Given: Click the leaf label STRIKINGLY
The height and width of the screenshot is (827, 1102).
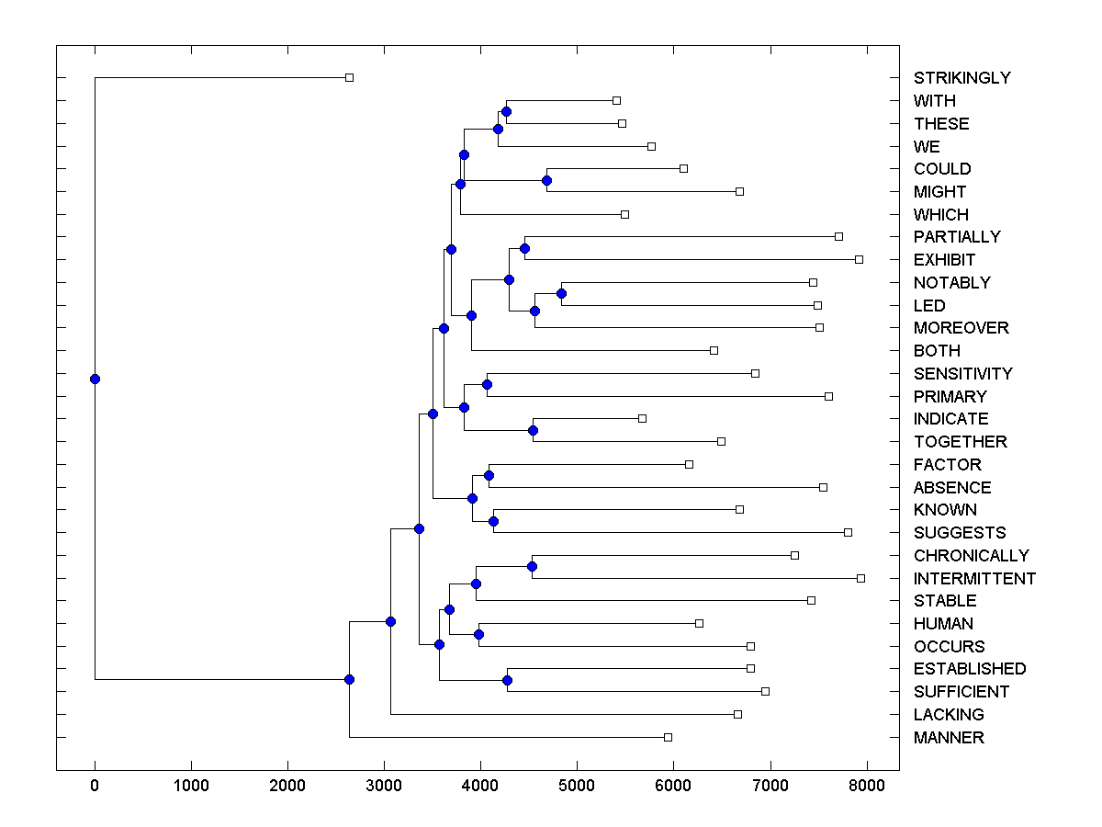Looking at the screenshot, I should (961, 78).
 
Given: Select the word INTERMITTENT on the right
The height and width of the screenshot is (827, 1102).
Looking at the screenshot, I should (974, 579).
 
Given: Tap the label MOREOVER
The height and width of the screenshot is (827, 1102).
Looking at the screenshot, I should (961, 328).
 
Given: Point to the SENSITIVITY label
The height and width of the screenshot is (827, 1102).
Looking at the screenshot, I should (962, 374).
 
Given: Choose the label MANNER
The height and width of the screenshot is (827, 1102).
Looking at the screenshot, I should (949, 738).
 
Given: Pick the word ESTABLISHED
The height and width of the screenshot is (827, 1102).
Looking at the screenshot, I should (969, 669).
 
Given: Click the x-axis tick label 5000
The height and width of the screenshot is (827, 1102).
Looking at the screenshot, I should (577, 785).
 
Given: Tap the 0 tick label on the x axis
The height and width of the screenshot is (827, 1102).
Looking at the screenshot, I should (95, 785).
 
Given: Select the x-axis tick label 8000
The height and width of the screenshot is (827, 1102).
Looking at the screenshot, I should (866, 785).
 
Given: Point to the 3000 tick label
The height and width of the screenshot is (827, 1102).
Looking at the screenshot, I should (384, 785).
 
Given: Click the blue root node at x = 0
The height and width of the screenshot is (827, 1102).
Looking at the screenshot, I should (95, 379).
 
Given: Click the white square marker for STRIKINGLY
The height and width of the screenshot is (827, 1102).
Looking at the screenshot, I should (349, 77).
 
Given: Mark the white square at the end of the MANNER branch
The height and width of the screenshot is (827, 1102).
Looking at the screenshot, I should (668, 737).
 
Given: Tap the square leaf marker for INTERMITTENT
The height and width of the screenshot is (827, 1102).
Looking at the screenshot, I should (860, 578).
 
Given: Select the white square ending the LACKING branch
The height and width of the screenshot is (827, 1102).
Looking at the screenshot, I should (737, 714).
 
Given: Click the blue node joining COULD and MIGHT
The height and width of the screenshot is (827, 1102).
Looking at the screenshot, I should (546, 180).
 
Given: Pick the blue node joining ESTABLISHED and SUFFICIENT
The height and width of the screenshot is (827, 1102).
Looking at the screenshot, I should (507, 680).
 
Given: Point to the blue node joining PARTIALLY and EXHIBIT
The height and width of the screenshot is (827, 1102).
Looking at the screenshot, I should (524, 248).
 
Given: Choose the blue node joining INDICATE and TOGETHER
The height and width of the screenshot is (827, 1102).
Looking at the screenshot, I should (533, 430).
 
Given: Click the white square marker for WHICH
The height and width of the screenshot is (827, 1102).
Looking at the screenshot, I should (624, 214).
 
